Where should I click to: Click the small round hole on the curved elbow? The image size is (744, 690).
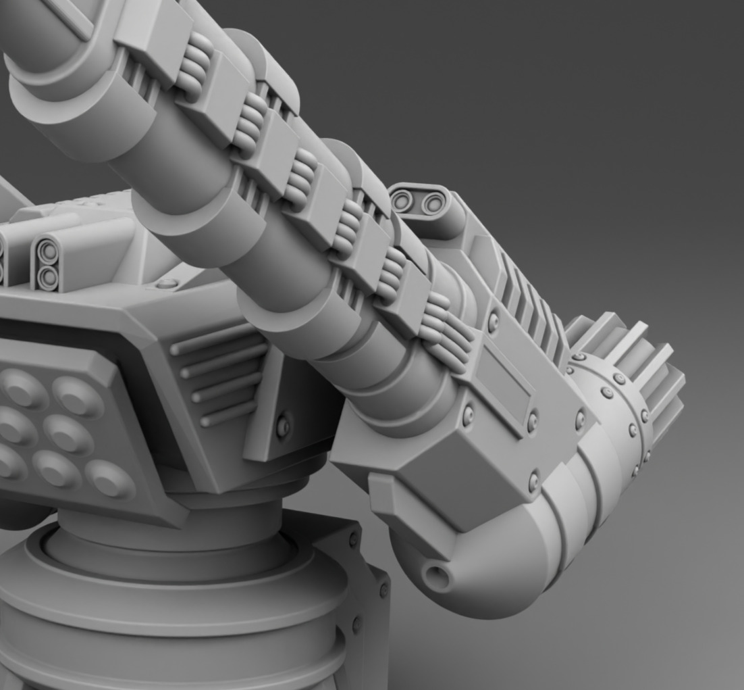click(x=437, y=577)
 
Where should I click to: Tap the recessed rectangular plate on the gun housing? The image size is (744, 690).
click(x=506, y=378)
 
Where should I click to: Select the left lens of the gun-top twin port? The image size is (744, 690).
click(x=402, y=200)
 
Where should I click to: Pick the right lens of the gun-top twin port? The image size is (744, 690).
click(x=433, y=203)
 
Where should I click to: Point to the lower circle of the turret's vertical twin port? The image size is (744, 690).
click(x=47, y=277)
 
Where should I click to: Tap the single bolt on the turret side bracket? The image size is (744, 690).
click(x=283, y=426)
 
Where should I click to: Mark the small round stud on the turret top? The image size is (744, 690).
click(x=166, y=284)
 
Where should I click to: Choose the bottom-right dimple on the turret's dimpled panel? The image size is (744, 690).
click(x=109, y=478)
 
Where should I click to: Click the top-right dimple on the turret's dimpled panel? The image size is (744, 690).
click(x=78, y=395)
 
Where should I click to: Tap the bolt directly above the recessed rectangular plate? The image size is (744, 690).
click(x=494, y=323)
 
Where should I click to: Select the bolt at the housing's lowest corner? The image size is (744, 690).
click(x=534, y=481)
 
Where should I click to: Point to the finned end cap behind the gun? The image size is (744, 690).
click(x=628, y=378)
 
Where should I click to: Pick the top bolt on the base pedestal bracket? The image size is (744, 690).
click(x=353, y=539)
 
